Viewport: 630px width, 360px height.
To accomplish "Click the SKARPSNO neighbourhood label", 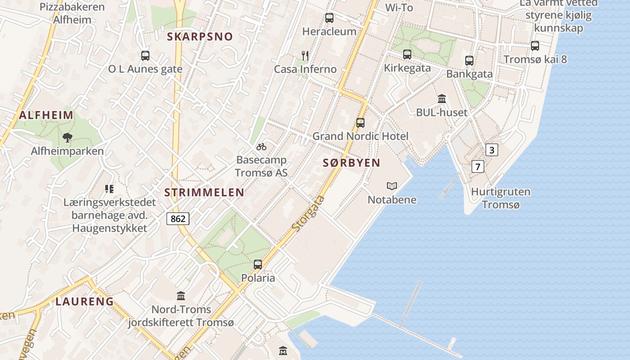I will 200,37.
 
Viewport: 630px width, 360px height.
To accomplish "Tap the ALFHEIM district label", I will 46,115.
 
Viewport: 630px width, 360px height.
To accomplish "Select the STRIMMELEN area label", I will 204,193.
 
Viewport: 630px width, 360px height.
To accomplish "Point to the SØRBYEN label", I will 351,163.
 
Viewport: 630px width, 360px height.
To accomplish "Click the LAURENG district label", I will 85,301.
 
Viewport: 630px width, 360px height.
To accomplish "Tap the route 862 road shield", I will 178,219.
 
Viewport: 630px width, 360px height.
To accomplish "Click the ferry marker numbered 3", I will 492,150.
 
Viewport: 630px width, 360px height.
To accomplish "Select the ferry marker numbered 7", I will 478,166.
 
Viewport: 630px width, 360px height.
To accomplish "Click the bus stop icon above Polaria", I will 258,265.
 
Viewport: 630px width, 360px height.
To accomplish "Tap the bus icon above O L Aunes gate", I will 145,56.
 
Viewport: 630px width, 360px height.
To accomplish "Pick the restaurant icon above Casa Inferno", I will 305,56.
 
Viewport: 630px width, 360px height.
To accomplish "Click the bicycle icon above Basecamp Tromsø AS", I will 261,147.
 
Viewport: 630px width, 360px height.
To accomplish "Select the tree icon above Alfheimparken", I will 67,138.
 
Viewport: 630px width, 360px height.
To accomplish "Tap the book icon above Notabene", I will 392,186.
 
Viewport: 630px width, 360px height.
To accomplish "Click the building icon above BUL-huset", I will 442,99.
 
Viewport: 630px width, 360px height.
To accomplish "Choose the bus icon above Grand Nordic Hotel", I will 360,122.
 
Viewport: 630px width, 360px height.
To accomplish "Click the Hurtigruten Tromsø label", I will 500,198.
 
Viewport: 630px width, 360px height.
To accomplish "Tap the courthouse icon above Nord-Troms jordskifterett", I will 181,296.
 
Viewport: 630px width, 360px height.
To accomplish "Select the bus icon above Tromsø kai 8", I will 535,46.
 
